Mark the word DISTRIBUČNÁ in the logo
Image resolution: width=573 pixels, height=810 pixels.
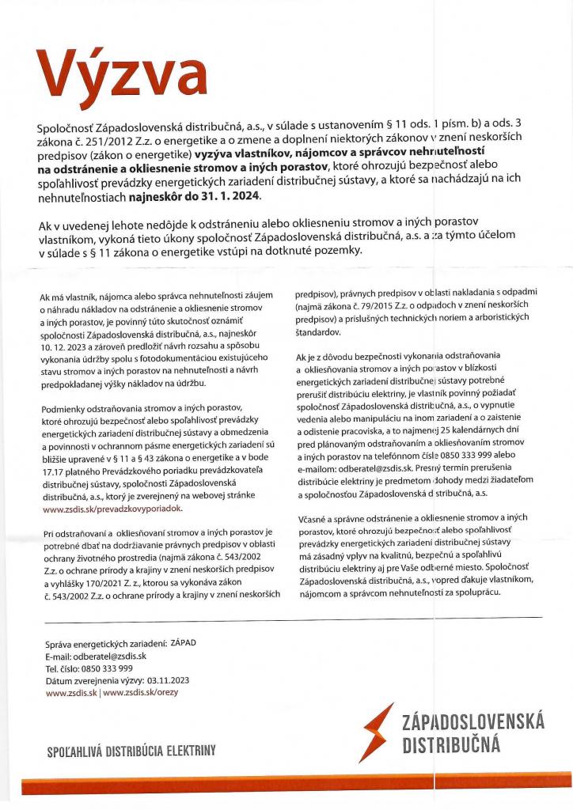coord(452,744)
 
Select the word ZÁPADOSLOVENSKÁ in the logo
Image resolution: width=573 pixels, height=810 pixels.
coord(473,721)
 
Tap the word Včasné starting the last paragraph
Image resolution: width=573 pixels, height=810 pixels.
coord(310,517)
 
